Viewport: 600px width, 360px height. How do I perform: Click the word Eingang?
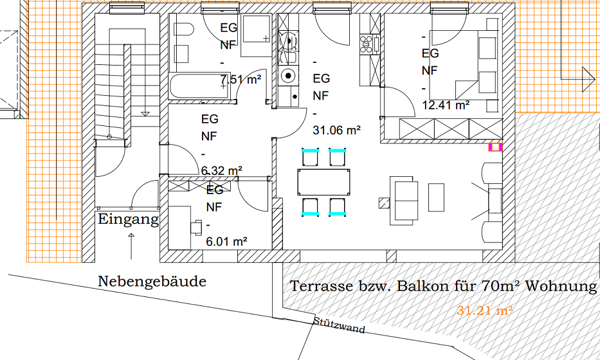[128, 220]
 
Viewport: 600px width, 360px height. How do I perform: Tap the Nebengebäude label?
[152, 281]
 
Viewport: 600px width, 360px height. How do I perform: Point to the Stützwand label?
[339, 325]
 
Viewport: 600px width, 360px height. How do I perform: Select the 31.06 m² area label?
[337, 130]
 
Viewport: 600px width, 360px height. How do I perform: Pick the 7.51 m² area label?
[241, 80]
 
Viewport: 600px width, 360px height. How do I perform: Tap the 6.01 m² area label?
[226, 242]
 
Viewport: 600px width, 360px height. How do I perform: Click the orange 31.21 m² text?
[484, 310]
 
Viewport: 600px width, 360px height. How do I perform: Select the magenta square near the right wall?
[495, 147]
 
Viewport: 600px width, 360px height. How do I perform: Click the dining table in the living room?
[323, 182]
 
